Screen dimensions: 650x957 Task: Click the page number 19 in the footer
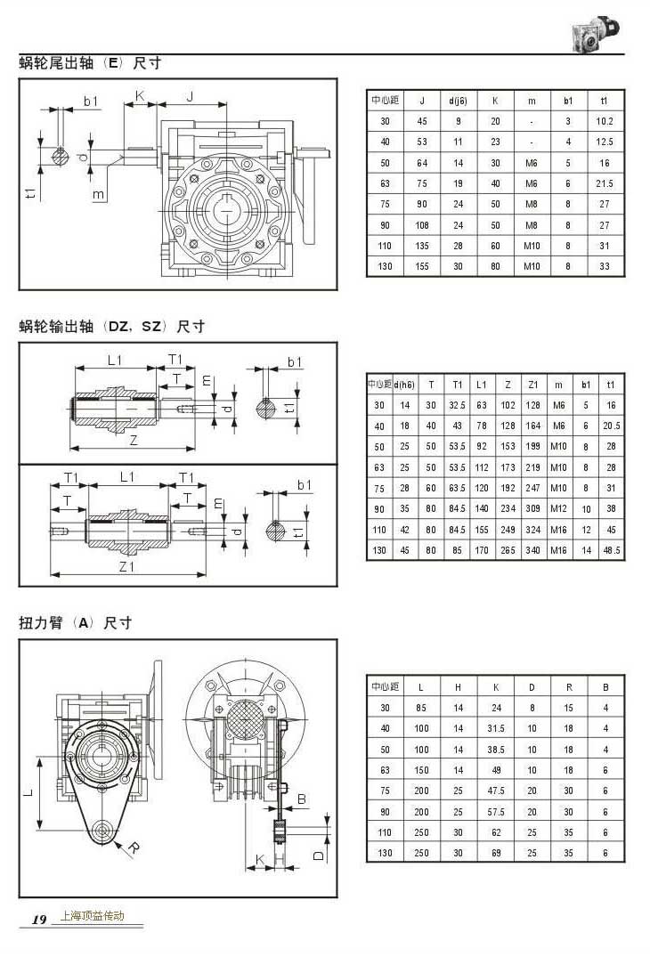point(39,920)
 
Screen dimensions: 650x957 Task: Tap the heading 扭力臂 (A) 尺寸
point(76,623)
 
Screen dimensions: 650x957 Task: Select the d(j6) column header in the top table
point(458,101)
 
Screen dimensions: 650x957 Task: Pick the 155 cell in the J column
point(422,266)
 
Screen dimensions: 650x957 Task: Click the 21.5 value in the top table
point(605,183)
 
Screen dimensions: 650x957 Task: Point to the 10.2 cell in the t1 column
point(605,121)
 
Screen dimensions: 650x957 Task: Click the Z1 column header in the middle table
point(532,385)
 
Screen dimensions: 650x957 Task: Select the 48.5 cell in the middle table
point(611,550)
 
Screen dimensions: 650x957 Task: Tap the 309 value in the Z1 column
point(532,508)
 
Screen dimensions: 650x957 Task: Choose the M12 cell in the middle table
point(558,508)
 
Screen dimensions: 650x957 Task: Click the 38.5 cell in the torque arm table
point(496,749)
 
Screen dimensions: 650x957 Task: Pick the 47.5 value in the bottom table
point(496,791)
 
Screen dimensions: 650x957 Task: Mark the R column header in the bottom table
point(569,687)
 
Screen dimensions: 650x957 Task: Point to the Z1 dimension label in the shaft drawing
point(126,566)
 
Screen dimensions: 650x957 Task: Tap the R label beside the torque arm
point(134,848)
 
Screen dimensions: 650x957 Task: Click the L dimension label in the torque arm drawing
point(28,791)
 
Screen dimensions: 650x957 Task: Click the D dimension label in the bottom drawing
point(319,856)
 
